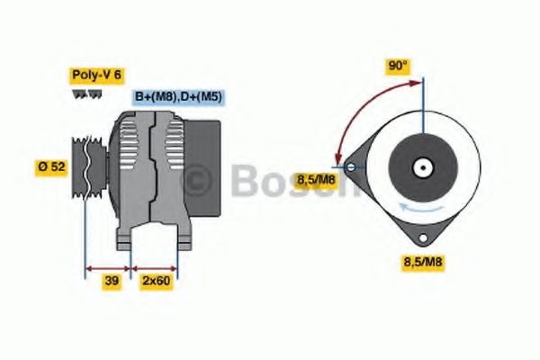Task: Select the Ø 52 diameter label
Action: [x=52, y=167]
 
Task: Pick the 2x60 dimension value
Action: [x=155, y=282]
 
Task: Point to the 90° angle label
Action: [x=398, y=66]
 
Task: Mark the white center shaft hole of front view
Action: [x=420, y=167]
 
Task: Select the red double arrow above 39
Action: [x=108, y=267]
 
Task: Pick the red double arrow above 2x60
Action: [x=155, y=267]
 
